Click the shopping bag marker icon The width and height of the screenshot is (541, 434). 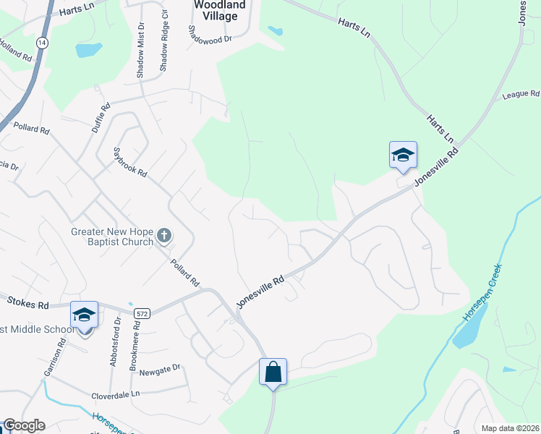point(273,372)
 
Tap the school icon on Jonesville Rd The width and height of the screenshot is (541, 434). point(403,155)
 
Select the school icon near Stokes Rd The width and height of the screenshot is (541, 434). point(84,315)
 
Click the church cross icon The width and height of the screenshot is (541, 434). point(164,235)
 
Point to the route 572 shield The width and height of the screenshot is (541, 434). point(142,312)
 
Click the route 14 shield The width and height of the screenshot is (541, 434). point(44,43)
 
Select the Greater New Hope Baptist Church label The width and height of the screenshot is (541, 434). point(112,237)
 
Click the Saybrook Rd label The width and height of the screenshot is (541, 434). point(130,163)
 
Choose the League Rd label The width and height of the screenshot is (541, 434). point(521,94)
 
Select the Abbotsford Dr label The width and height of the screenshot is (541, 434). point(114,341)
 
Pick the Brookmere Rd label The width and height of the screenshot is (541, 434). point(134,343)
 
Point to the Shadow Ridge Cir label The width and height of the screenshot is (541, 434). point(164,46)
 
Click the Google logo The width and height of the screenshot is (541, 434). point(23,425)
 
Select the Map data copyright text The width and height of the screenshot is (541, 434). point(509,428)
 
